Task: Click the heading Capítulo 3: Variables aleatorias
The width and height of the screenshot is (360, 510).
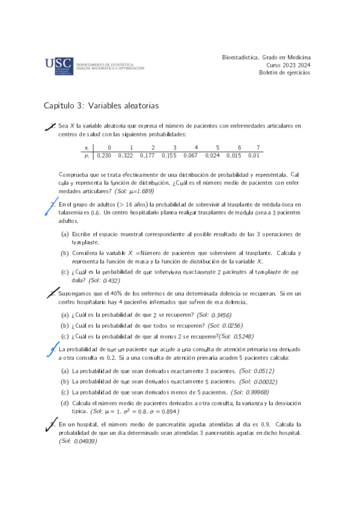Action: (x=101, y=106)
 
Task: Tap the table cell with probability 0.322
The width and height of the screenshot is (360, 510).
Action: (x=126, y=156)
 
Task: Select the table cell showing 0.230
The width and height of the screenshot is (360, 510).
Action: (x=104, y=156)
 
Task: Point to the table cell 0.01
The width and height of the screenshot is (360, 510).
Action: (x=254, y=156)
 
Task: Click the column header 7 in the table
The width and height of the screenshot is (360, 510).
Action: (x=258, y=147)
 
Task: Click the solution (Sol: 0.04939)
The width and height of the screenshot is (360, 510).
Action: (x=78, y=441)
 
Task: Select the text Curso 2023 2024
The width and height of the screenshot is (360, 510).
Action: (x=288, y=65)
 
